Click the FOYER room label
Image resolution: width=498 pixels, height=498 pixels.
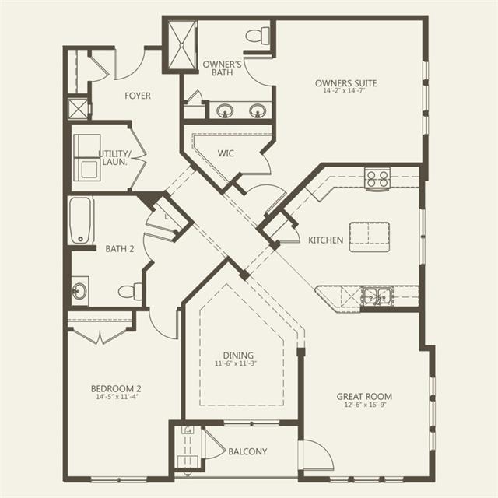(x=138, y=96)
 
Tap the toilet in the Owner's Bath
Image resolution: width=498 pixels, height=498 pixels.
(x=258, y=36)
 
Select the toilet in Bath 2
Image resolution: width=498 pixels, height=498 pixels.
(x=130, y=291)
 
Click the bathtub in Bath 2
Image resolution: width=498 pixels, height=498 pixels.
(x=80, y=220)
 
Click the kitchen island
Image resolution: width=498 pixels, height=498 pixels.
(x=370, y=237)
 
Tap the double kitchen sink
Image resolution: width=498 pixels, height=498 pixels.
(x=377, y=296)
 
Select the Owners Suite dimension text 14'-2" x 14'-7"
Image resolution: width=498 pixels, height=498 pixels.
(x=345, y=91)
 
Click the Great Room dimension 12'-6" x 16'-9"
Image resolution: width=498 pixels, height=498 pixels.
(x=365, y=405)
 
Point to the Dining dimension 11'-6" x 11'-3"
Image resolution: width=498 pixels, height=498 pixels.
(x=236, y=363)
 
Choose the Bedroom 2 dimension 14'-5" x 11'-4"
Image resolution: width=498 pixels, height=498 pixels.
(x=117, y=397)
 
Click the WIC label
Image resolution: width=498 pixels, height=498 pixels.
(x=226, y=153)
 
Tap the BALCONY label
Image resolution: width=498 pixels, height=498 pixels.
(x=247, y=451)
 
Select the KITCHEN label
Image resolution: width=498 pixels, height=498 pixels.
(x=326, y=240)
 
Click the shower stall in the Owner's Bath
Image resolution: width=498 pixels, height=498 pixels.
(x=182, y=45)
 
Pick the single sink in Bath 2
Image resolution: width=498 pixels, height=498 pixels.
(x=79, y=291)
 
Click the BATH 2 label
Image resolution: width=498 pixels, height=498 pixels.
(x=120, y=249)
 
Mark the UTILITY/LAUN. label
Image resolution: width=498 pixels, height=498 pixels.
(x=114, y=158)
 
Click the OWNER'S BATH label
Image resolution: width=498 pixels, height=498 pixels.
(x=222, y=68)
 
